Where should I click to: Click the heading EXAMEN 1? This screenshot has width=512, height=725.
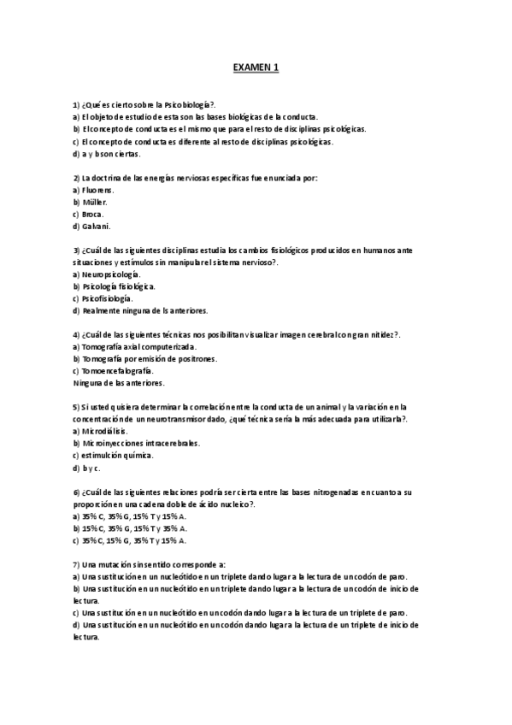coord(256,66)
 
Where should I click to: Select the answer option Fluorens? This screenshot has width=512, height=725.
coord(98,190)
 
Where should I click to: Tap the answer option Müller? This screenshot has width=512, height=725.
coord(95,202)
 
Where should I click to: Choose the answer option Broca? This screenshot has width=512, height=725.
coord(93,215)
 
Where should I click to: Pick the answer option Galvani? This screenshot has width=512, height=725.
coord(96,227)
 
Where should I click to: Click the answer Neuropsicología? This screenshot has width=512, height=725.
coord(111,274)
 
